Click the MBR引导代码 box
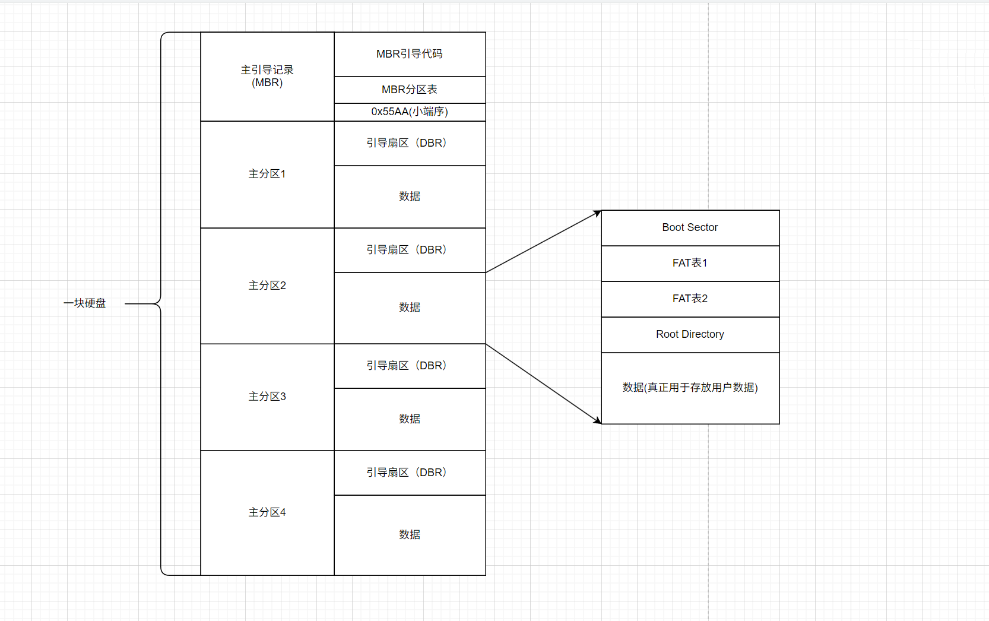point(410,54)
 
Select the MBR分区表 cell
point(410,90)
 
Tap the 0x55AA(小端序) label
point(410,112)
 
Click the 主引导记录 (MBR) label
point(267,76)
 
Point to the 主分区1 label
point(267,174)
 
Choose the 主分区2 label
point(267,286)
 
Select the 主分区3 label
point(267,397)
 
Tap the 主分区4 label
point(267,512)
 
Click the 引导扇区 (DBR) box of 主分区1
point(410,143)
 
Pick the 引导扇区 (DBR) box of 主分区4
point(410,473)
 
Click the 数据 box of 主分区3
point(410,419)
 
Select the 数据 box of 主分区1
point(410,197)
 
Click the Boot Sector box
point(690,227)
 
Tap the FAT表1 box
point(690,263)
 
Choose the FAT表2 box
point(690,299)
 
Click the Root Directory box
point(690,334)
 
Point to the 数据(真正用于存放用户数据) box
point(690,388)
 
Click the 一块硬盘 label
point(85,303)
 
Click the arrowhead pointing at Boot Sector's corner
point(597,213)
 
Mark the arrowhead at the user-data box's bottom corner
point(597,420)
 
